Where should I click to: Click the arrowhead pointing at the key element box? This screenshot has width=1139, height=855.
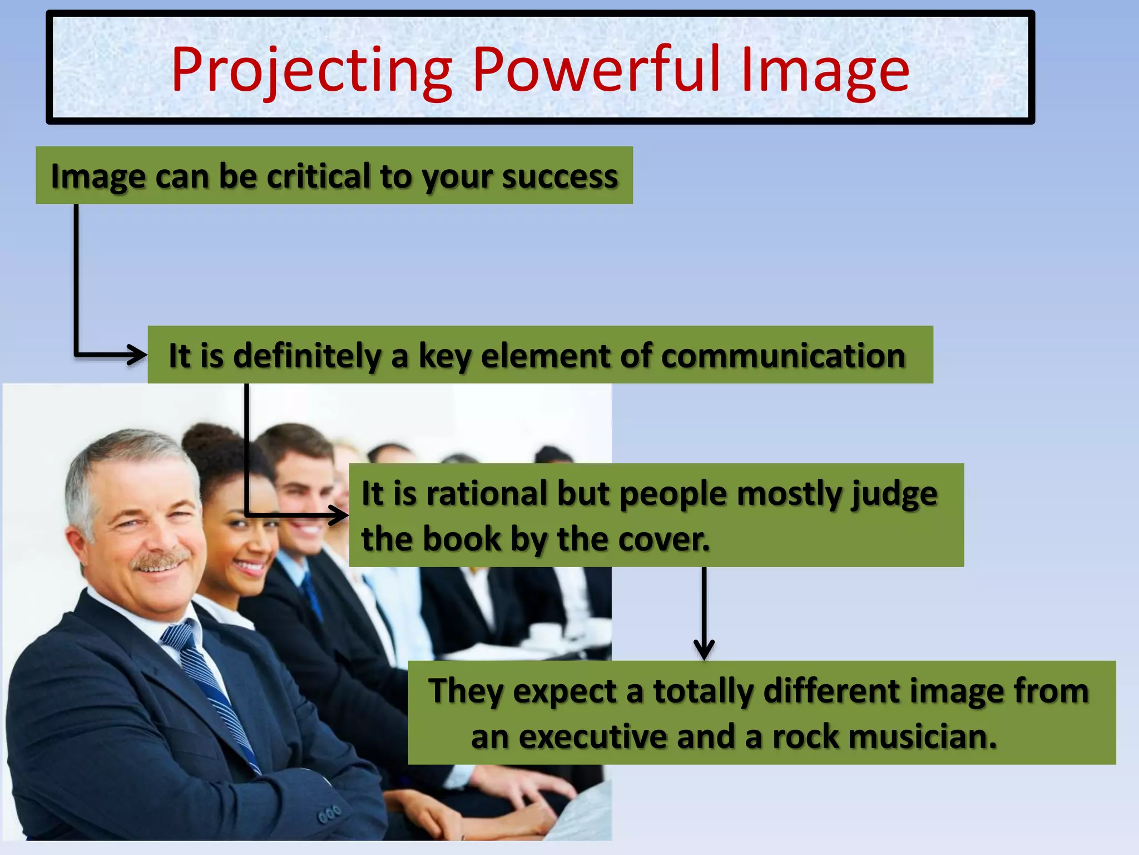pyautogui.click(x=138, y=355)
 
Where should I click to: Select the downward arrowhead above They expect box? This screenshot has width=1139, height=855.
pyautogui.click(x=704, y=650)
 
